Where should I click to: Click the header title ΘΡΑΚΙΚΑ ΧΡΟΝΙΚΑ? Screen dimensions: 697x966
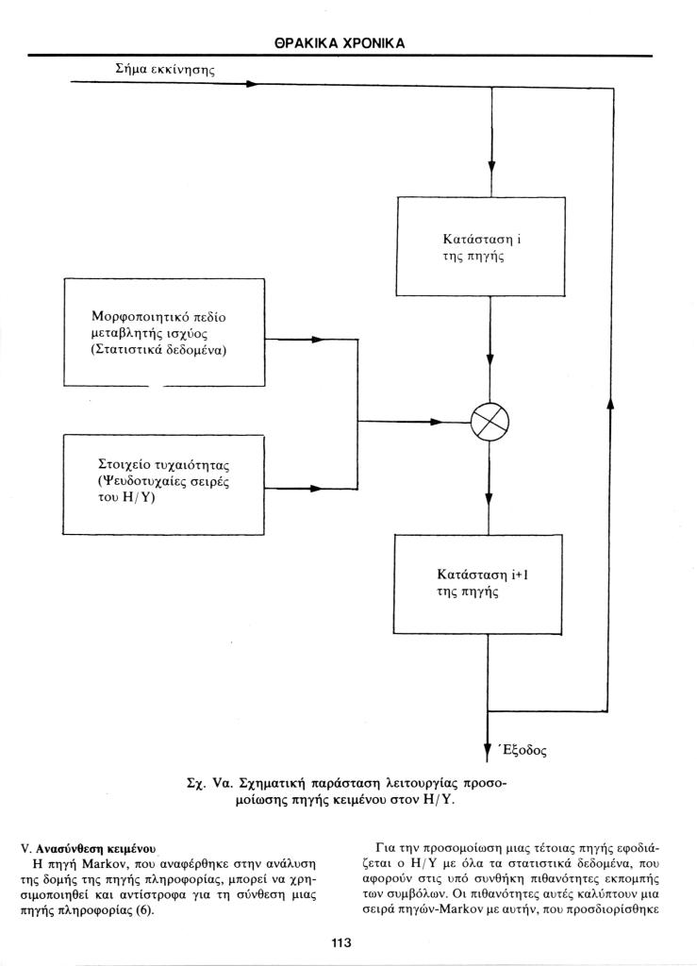[x=340, y=43]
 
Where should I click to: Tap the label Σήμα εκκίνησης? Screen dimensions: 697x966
[x=165, y=69]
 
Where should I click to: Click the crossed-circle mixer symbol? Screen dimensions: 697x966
[x=490, y=422]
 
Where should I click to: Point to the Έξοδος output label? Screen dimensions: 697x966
[x=523, y=750]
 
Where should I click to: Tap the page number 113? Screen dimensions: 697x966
[x=341, y=942]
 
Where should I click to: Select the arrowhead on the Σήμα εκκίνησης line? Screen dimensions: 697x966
[x=251, y=83]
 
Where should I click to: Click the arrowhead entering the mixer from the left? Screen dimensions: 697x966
[x=437, y=422]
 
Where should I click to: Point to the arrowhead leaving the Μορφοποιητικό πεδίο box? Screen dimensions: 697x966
[x=318, y=340]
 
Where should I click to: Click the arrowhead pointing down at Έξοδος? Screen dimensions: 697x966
[x=488, y=752]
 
